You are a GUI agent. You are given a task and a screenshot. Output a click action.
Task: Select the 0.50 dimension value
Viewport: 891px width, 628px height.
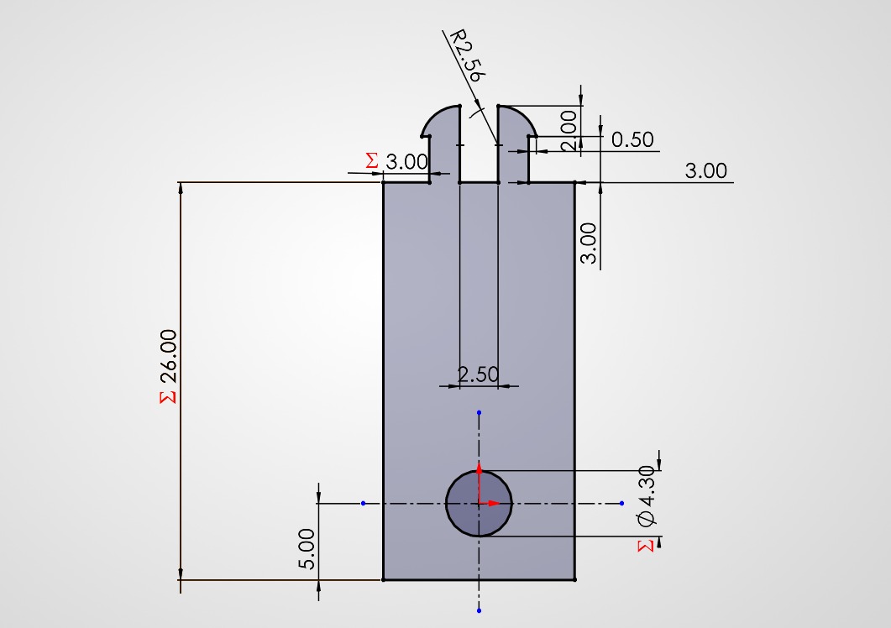[632, 139]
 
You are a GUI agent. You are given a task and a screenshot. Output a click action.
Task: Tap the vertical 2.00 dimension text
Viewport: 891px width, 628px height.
[569, 130]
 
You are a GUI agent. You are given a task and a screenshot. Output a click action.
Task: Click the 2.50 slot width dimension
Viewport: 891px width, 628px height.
[478, 374]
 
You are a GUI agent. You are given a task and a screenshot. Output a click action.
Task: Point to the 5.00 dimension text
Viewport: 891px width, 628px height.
[307, 549]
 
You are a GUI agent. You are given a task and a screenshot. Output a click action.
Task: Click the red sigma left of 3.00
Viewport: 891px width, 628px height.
[372, 160]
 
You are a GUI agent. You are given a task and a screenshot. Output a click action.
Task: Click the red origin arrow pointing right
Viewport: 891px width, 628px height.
[496, 504]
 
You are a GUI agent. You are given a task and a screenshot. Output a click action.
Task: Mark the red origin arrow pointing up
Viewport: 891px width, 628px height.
[479, 468]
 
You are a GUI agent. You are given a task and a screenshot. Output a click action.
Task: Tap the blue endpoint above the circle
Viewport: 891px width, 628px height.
[479, 413]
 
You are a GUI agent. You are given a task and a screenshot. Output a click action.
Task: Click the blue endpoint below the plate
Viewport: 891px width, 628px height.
[479, 610]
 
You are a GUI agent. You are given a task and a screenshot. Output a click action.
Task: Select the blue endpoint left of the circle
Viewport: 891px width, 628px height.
[363, 504]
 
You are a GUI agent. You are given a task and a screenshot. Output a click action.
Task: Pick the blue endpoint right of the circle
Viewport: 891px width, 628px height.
[621, 504]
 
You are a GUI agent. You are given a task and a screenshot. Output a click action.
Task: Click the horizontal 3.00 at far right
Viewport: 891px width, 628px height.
[705, 171]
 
